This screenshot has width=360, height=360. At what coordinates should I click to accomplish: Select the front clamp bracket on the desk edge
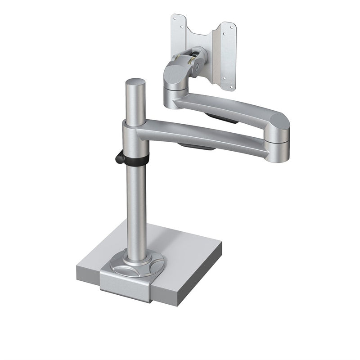[x=125, y=285]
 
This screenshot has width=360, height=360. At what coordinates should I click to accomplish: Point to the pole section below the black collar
[x=136, y=207]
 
